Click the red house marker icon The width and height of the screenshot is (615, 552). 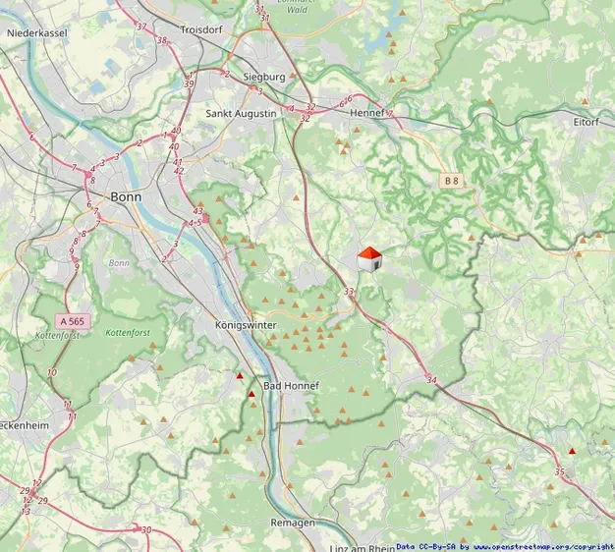pos(369,259)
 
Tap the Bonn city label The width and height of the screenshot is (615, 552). pos(126,196)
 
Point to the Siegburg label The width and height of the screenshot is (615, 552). pos(261,77)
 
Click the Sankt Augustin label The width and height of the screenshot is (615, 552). pos(242,114)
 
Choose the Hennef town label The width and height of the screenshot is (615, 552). pos(367,114)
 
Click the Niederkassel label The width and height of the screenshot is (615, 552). pos(36,32)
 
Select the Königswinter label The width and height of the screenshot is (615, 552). pos(246,325)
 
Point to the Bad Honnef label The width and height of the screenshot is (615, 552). pos(292,386)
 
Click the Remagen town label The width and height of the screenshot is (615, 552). pos(293,524)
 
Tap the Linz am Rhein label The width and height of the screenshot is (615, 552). pos(364,547)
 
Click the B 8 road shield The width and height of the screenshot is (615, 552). pos(451,181)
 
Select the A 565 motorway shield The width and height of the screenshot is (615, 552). pos(72,321)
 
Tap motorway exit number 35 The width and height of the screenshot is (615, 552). pos(560,472)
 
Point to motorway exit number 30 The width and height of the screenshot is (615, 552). pos(145,530)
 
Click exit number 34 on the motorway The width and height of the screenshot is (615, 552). pos(431,379)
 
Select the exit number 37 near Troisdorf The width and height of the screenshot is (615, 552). pos(141,27)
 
